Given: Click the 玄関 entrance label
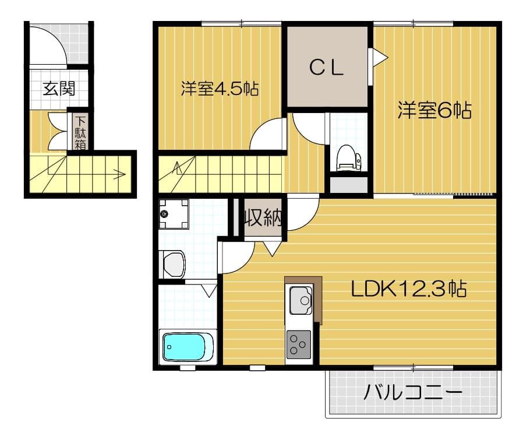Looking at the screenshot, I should tap(59, 89).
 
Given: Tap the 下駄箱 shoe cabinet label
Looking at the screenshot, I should tap(80, 132).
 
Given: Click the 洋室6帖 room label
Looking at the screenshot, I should tap(434, 110).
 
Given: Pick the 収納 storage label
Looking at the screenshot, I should tap(263, 218).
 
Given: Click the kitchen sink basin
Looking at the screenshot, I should tap(303, 298).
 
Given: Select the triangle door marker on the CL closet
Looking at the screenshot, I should tap(379, 57).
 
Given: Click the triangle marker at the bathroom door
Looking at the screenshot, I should tap(209, 290).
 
